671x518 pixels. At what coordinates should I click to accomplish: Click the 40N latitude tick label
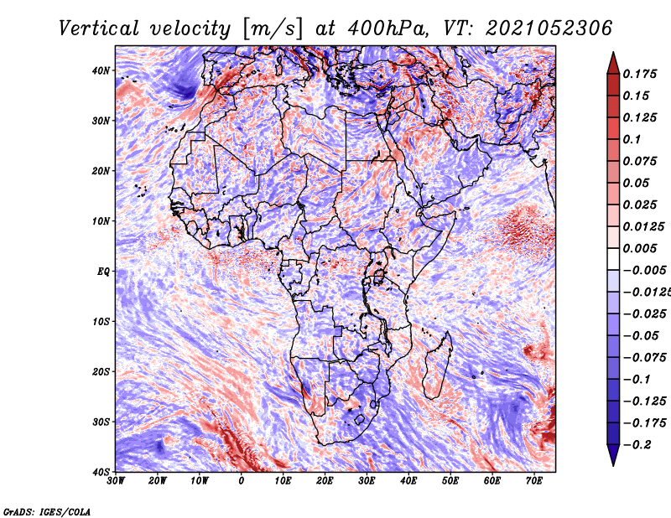101,70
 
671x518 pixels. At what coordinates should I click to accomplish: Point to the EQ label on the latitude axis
102,272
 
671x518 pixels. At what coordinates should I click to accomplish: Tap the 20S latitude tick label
101,371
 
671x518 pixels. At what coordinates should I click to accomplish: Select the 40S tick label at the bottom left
101,472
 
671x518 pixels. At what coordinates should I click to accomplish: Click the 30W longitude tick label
116,481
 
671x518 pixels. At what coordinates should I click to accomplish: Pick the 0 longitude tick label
242,481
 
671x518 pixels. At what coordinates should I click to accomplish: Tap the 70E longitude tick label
534,481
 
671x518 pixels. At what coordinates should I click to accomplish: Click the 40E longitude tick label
408,481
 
